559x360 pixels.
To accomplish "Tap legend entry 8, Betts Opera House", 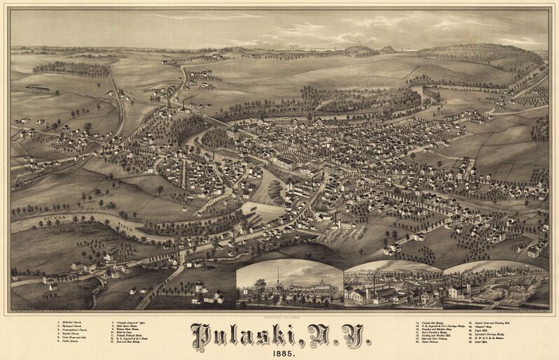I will click(130, 327).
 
